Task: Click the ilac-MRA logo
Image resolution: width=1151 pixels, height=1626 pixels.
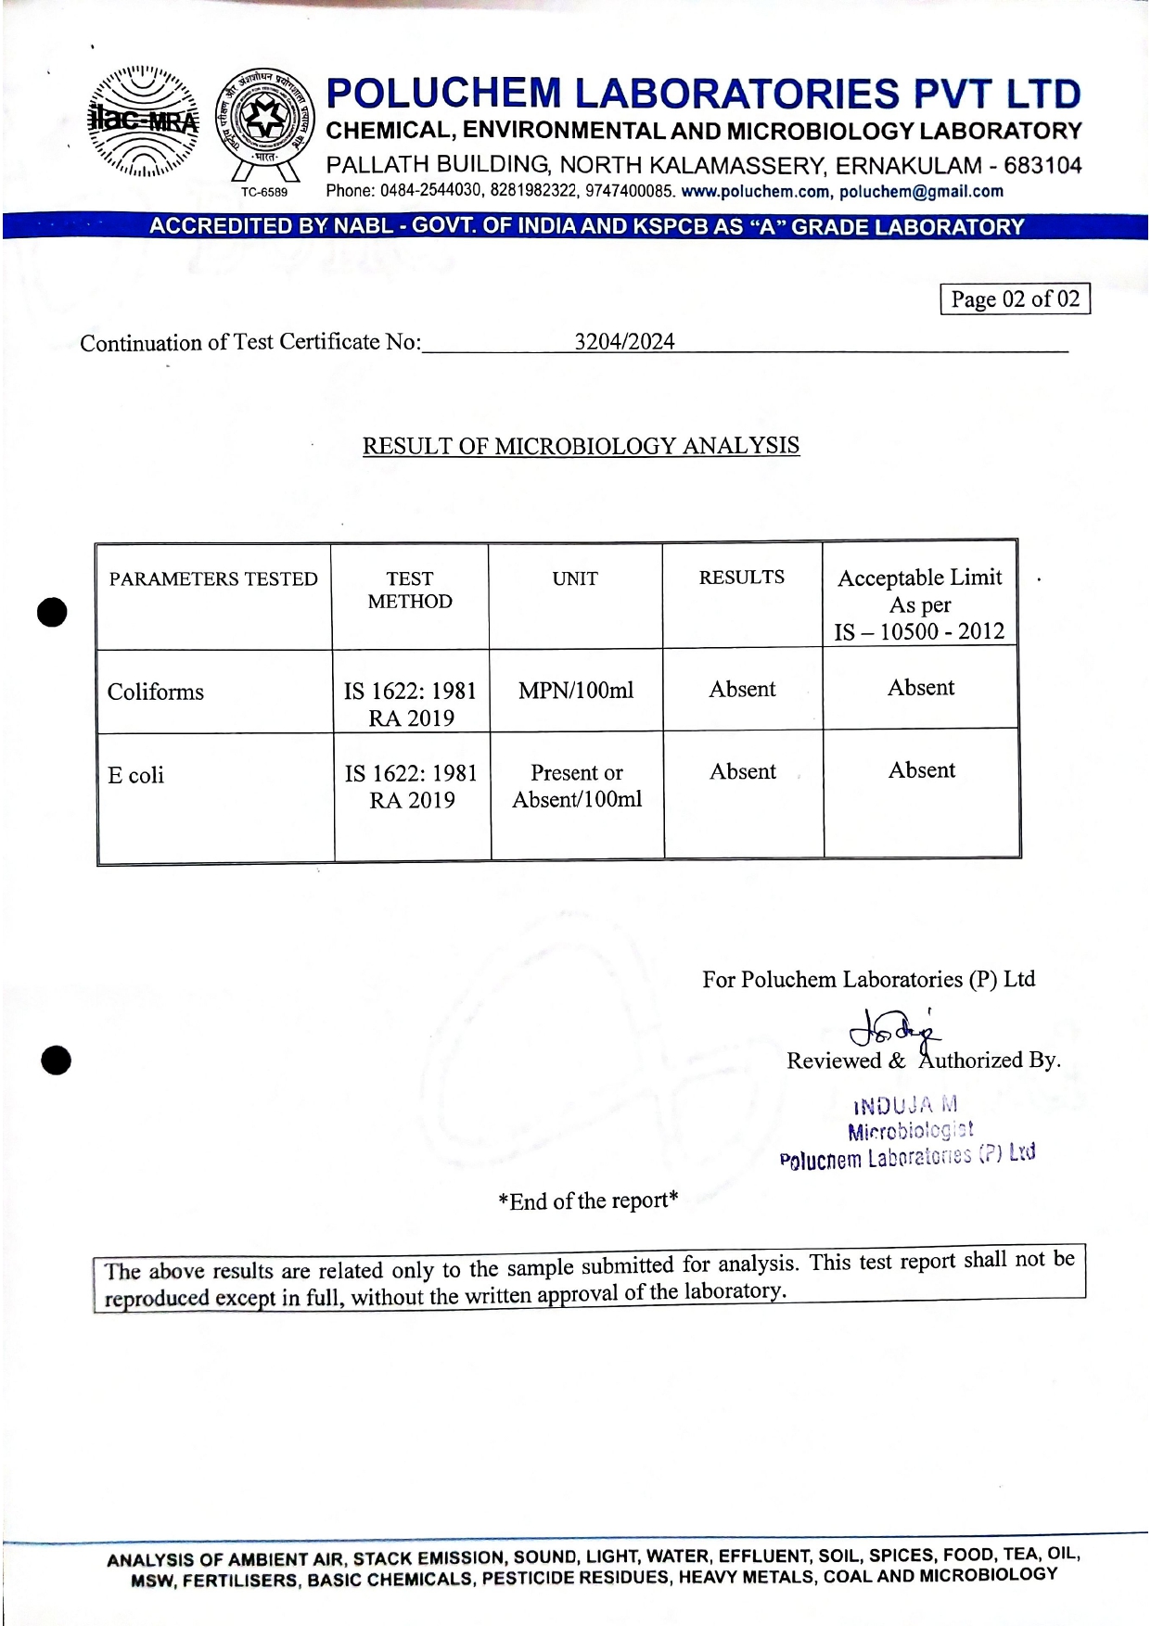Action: (144, 121)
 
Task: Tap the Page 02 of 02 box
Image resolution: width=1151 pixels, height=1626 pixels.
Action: (1015, 299)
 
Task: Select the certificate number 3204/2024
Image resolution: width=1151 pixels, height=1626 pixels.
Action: (624, 342)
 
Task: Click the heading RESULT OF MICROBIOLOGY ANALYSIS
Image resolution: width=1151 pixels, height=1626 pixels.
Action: (581, 446)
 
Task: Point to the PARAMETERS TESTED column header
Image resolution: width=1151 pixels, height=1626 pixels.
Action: (213, 579)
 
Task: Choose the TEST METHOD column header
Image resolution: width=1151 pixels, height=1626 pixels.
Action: (410, 590)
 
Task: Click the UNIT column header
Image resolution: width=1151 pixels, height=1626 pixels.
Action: (575, 578)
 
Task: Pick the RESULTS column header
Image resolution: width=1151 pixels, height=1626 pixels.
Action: (741, 578)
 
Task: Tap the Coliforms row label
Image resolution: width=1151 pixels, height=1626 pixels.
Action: (156, 692)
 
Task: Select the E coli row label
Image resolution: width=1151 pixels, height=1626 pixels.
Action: (135, 775)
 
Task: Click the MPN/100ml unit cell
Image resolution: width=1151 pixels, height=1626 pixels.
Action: (576, 691)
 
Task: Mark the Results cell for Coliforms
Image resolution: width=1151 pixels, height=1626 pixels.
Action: (742, 689)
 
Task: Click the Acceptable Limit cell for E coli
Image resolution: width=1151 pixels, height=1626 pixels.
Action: (921, 770)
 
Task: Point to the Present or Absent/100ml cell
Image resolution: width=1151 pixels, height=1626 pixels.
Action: (577, 786)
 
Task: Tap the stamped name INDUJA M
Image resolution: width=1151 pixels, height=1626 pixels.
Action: (905, 1105)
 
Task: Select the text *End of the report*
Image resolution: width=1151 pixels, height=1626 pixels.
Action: (588, 1201)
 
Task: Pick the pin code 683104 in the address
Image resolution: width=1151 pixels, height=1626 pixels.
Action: (1042, 166)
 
